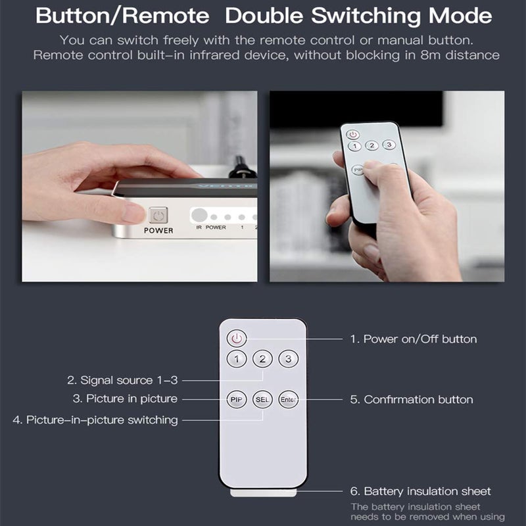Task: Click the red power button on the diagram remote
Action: [237, 339]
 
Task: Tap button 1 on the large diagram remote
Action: [237, 358]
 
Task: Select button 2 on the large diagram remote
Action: [262, 358]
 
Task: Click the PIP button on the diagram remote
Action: [237, 399]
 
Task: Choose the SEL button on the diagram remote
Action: [262, 399]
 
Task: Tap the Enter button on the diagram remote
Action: [288, 399]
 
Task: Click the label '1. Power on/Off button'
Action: [413, 339]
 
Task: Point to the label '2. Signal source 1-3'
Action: [122, 380]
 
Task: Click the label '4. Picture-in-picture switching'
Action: [95, 419]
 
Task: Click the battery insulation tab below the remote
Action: [263, 491]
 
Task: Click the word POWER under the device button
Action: [158, 231]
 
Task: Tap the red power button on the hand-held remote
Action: [353, 134]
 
